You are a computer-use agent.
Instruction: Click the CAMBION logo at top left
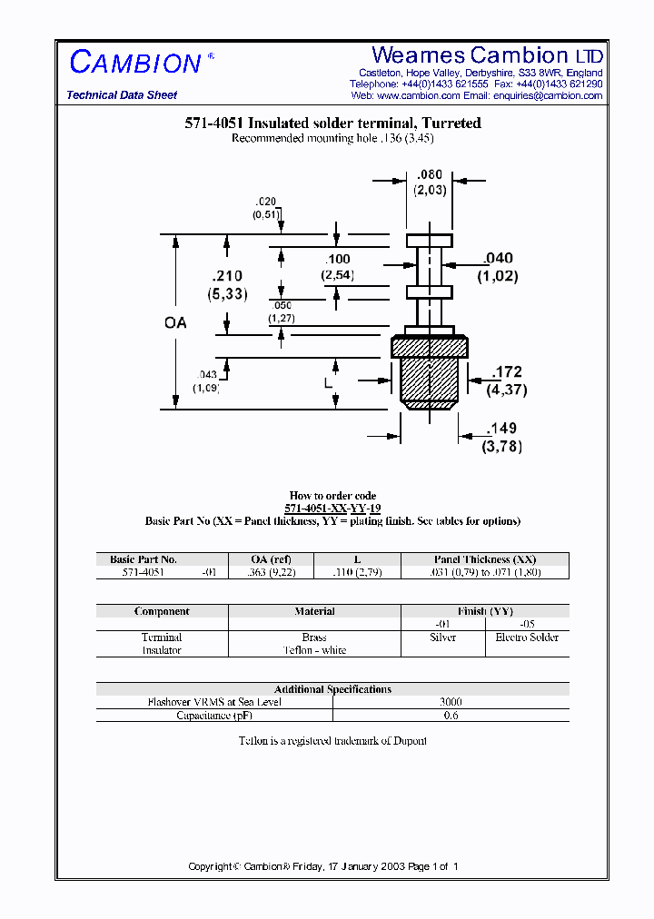tap(136, 63)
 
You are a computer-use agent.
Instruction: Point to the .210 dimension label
tap(226, 276)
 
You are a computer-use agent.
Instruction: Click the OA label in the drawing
tap(175, 322)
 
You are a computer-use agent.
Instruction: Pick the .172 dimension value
tap(507, 372)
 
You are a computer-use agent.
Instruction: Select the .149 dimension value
tap(503, 429)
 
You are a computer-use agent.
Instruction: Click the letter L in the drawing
tap(329, 383)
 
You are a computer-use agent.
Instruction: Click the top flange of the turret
tap(429, 241)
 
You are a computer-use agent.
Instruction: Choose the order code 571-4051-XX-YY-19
tap(332, 509)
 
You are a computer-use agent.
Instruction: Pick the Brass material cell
tap(314, 637)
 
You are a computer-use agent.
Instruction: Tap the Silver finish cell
tap(442, 637)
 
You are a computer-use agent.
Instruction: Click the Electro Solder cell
tap(527, 637)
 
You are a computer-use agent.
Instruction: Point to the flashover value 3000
tap(451, 702)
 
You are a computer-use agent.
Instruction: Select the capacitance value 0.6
tap(451, 716)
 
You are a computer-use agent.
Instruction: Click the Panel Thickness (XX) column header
tap(484, 559)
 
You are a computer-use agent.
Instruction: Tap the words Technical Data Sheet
tap(122, 95)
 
